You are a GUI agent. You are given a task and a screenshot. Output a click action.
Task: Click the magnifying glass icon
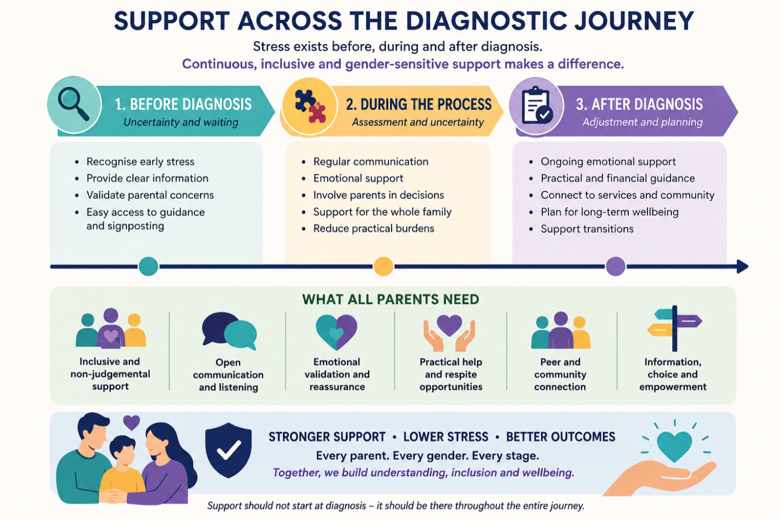73,103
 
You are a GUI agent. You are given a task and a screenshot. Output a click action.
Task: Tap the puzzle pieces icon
310,106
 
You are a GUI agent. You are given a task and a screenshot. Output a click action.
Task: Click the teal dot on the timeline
148,266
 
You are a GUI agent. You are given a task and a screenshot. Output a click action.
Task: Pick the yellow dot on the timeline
383,266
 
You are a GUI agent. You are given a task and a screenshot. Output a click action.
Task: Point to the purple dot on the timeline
616,266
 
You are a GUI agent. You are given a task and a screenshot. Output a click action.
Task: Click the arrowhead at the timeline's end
743,266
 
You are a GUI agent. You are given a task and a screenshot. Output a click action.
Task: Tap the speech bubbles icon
229,331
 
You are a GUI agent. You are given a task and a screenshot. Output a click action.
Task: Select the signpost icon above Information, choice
674,328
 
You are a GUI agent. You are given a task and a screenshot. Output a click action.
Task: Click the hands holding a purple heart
449,333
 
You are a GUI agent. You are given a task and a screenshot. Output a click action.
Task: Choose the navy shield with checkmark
228,450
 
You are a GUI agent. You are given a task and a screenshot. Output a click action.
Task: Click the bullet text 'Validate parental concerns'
150,195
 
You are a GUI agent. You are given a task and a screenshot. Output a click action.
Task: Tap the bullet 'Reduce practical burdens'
374,228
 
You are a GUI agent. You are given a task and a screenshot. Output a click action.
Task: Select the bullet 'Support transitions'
587,229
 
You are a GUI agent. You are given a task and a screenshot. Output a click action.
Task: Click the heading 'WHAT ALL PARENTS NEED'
391,300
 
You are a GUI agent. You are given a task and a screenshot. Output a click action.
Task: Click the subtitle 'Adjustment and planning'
642,122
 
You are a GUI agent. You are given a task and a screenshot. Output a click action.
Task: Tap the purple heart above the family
132,422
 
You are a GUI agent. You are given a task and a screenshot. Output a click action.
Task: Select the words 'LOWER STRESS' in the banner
446,437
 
